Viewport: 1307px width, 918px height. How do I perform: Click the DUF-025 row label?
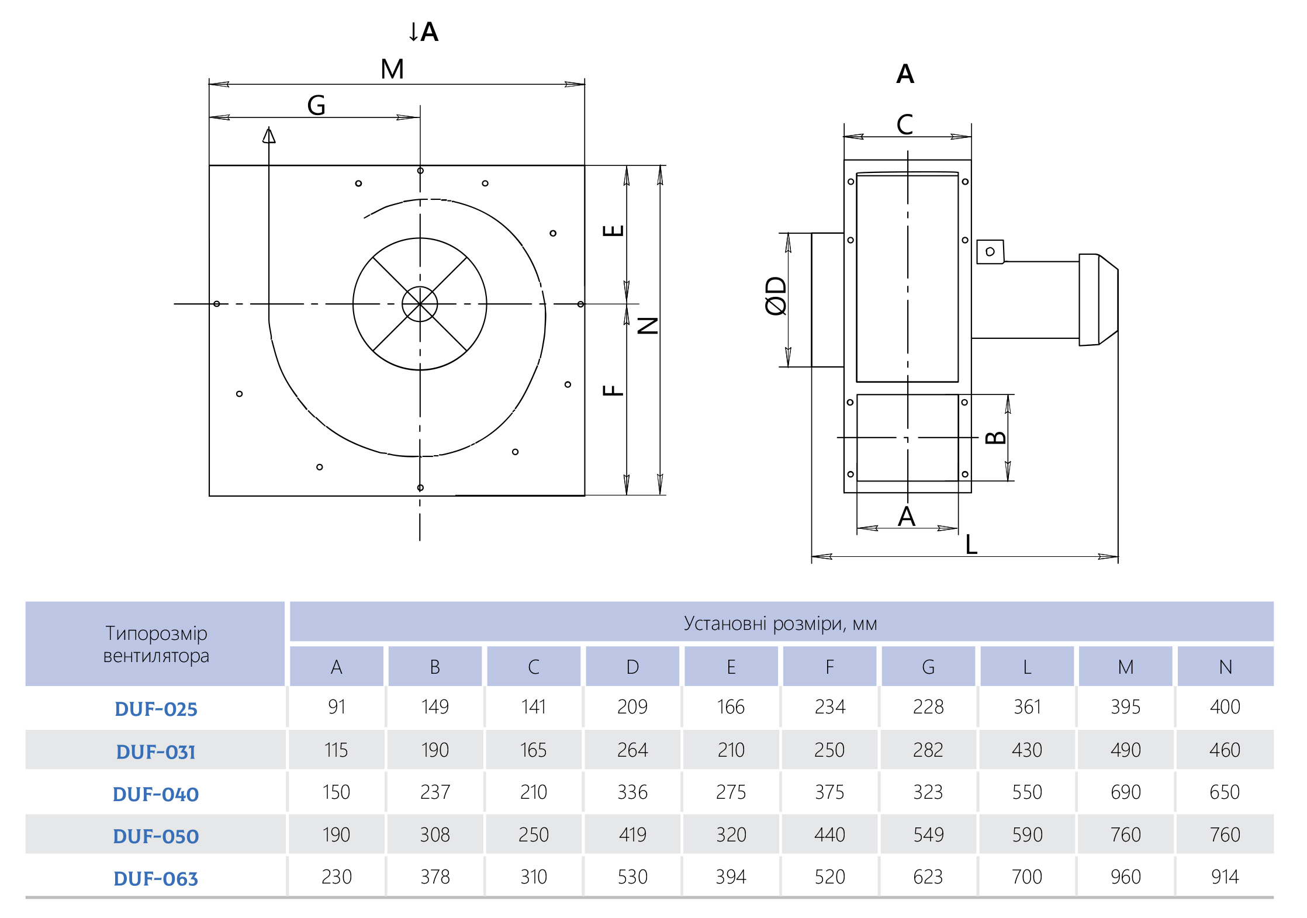point(155,709)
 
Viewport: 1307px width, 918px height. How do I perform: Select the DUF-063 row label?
point(155,878)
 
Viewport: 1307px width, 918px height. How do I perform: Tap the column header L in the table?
point(1026,667)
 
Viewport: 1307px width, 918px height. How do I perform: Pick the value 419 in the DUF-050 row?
point(632,834)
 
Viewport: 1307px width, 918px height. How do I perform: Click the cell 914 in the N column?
point(1225,877)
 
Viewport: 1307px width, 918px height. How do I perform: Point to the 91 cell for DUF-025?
point(337,706)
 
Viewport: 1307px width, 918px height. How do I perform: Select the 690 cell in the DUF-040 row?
point(1125,792)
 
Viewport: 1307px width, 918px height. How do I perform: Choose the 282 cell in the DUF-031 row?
point(928,750)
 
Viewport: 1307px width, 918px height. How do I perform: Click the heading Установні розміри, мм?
point(780,623)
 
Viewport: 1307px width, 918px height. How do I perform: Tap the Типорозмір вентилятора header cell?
point(155,644)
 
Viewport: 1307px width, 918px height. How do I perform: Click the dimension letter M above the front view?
point(392,69)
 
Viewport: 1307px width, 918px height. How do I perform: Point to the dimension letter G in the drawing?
point(316,105)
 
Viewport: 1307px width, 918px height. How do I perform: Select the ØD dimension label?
point(776,296)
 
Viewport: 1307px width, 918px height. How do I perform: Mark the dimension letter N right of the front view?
point(648,325)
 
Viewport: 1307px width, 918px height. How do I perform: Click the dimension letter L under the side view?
point(971,545)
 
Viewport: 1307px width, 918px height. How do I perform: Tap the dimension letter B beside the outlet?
point(995,438)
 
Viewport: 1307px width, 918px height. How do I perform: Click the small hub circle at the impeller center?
point(420,304)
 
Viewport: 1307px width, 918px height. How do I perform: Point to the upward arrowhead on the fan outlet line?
point(269,135)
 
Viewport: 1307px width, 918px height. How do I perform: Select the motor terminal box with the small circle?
point(990,252)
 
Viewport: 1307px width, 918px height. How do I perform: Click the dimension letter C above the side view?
point(905,124)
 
